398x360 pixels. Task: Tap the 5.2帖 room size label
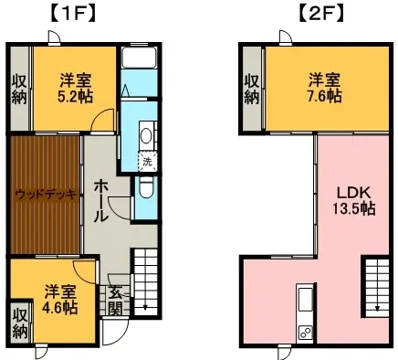(x=76, y=96)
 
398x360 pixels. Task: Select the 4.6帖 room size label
(x=59, y=308)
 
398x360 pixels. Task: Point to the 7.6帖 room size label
(x=325, y=96)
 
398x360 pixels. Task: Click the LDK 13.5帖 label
(x=353, y=201)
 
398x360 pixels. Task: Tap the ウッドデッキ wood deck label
(x=46, y=194)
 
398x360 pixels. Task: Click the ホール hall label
(x=100, y=201)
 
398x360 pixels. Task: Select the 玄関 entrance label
(x=116, y=302)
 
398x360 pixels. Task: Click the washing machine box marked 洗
(x=148, y=162)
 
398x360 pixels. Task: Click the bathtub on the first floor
(x=139, y=58)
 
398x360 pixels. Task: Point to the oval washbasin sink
(x=146, y=136)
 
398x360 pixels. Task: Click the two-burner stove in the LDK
(x=305, y=333)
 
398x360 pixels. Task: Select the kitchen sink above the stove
(x=305, y=299)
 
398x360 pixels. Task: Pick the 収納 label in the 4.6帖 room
(x=20, y=323)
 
